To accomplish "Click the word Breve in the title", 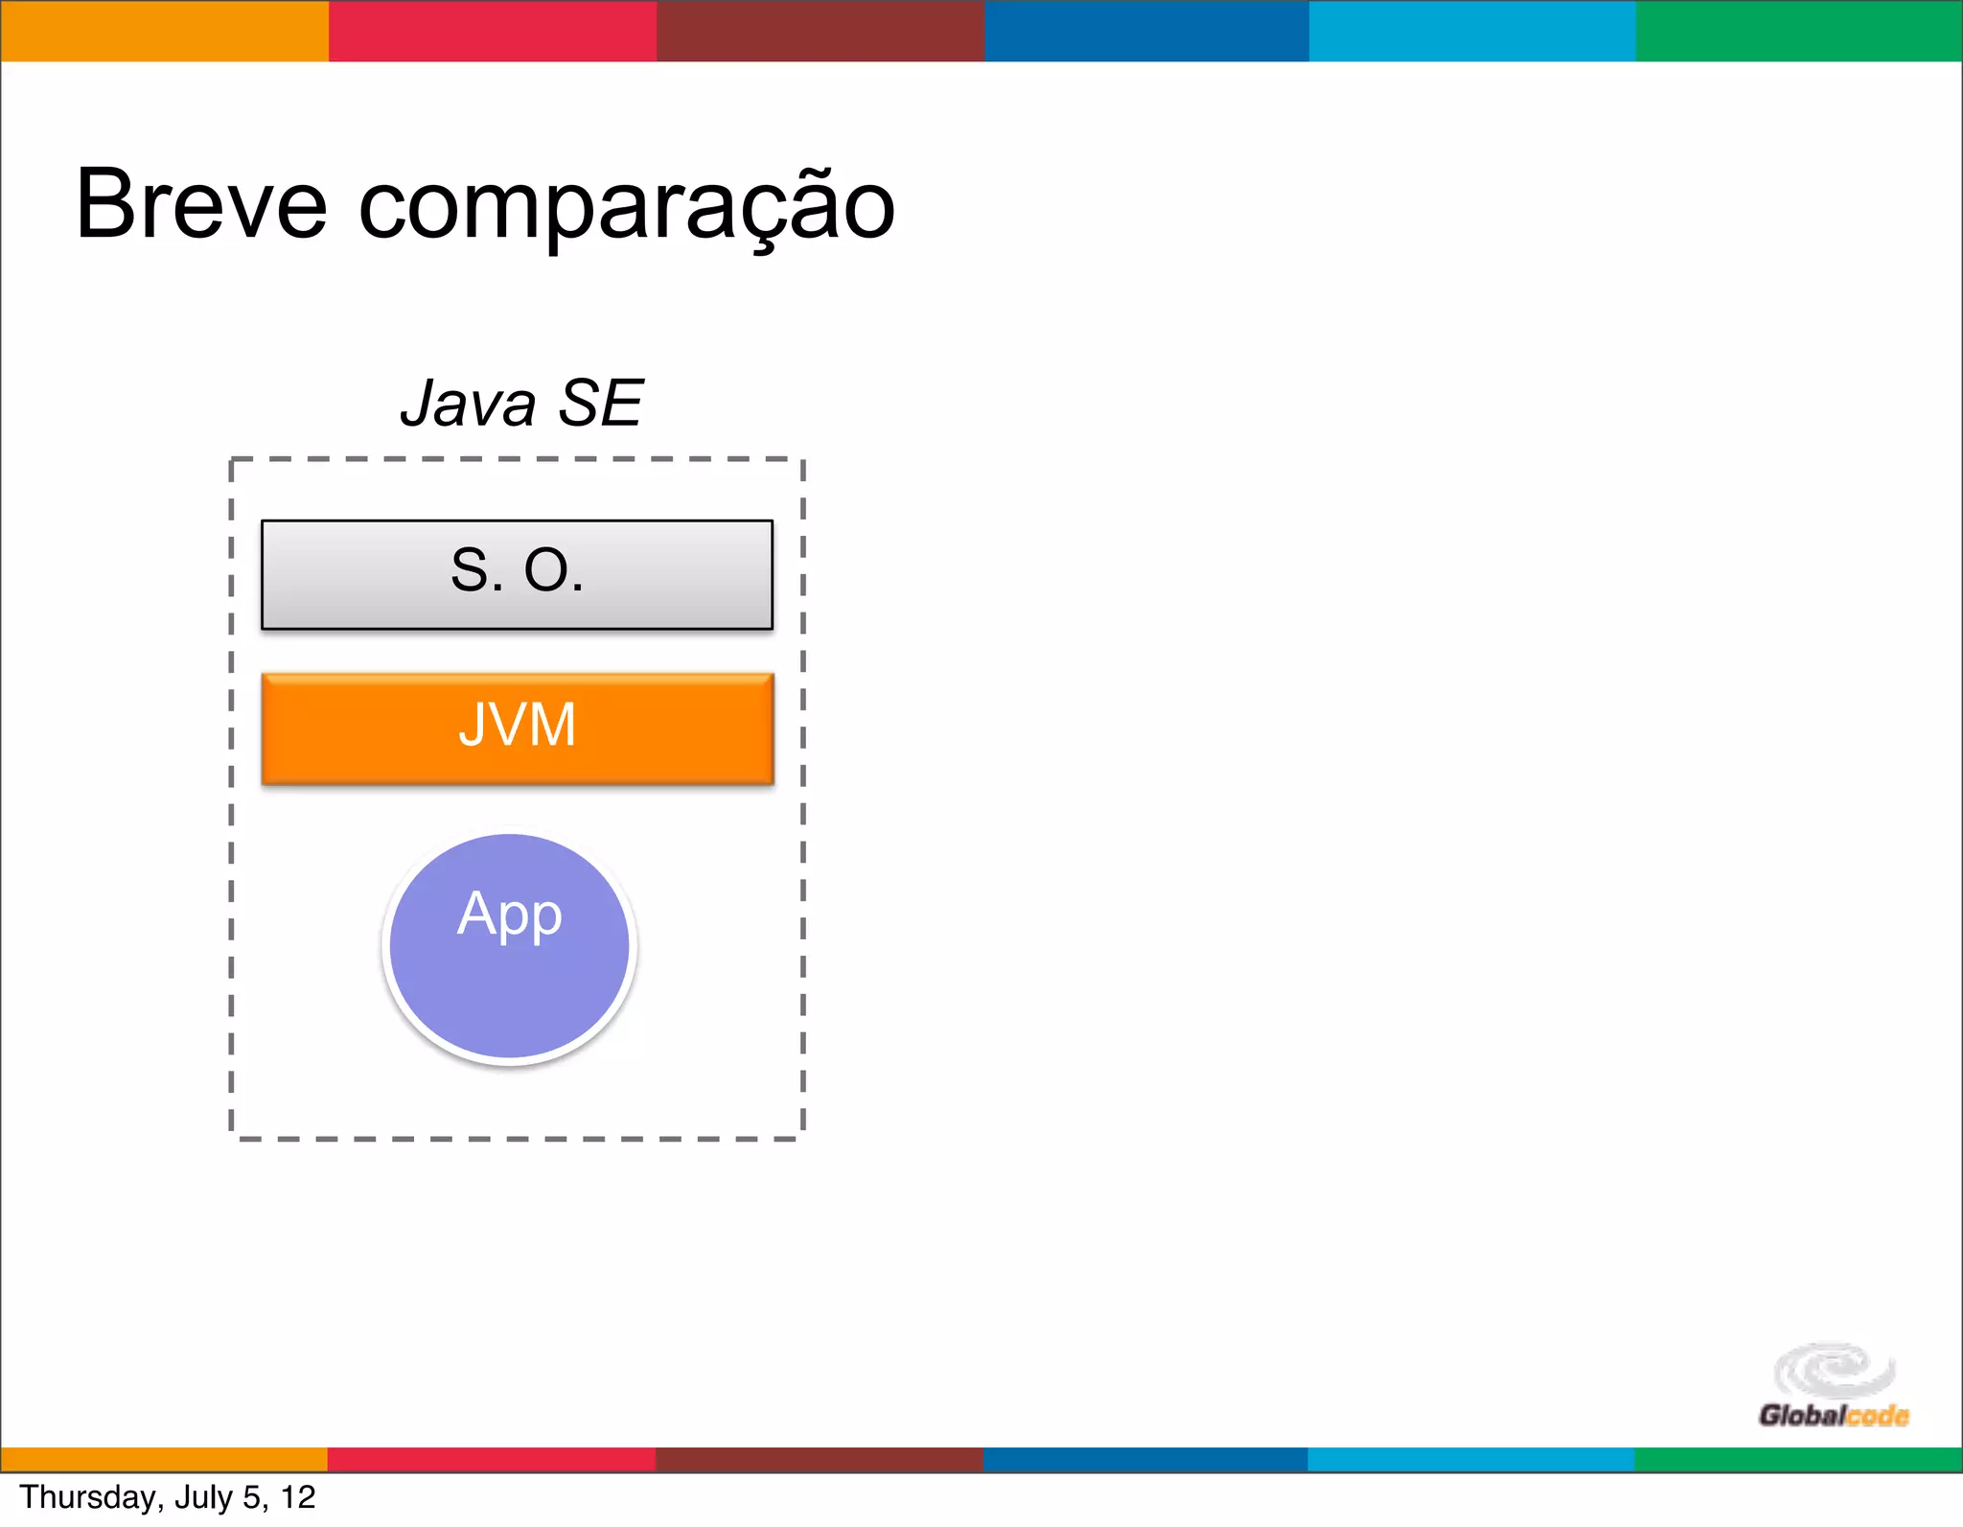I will coord(201,204).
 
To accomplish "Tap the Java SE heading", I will coord(521,404).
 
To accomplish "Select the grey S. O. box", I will coord(517,574).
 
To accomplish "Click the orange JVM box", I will coord(517,728).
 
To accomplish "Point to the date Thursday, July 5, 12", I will coord(168,1497).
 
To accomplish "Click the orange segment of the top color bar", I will coord(164,31).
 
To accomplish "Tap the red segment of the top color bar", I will coord(493,31).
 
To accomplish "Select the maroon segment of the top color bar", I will coord(820,31).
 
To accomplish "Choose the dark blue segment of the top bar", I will coord(1146,31).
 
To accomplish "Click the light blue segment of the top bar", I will coord(1472,31).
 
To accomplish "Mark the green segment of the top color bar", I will coord(1799,31).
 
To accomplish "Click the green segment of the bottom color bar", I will coord(1798,1459).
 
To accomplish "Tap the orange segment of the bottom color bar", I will coord(164,1459).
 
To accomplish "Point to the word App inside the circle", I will coord(510,914).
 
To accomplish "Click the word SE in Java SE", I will coord(600,404).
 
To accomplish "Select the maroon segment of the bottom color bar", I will coord(820,1459).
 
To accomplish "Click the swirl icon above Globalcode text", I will coord(1834,1369).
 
